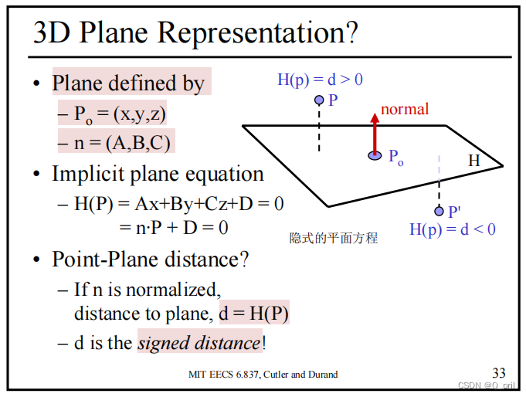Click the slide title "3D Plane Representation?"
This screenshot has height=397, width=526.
click(196, 32)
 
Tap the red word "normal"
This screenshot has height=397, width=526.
click(405, 109)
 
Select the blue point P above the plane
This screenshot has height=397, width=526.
click(319, 100)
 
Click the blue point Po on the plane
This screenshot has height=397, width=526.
click(375, 156)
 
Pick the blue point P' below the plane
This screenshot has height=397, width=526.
click(439, 211)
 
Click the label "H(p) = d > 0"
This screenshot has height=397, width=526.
click(320, 79)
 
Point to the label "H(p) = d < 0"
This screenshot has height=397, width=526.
click(452, 229)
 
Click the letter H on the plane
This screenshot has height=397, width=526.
click(474, 161)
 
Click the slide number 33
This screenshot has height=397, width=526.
click(499, 373)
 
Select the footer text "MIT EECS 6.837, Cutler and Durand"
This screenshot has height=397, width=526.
click(263, 375)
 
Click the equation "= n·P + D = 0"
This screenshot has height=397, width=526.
click(173, 228)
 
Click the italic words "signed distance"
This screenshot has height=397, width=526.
click(199, 342)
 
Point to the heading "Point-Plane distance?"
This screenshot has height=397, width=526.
click(151, 260)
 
